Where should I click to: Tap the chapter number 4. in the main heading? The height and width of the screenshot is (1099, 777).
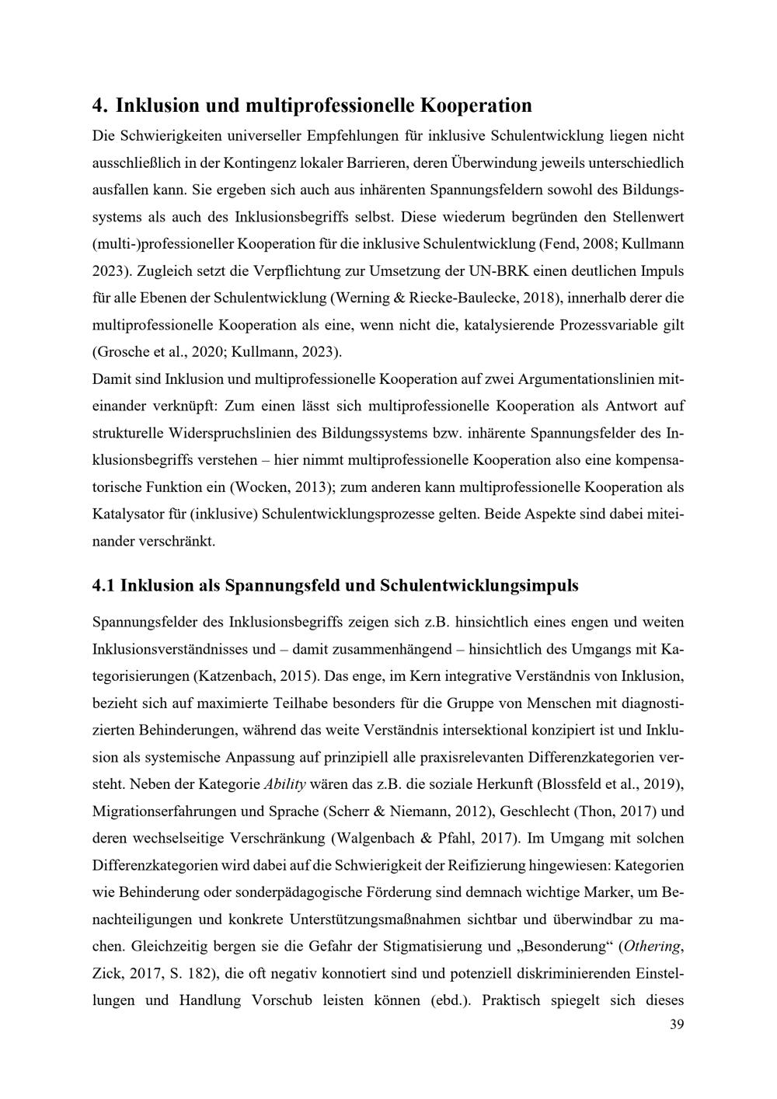[99, 105]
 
